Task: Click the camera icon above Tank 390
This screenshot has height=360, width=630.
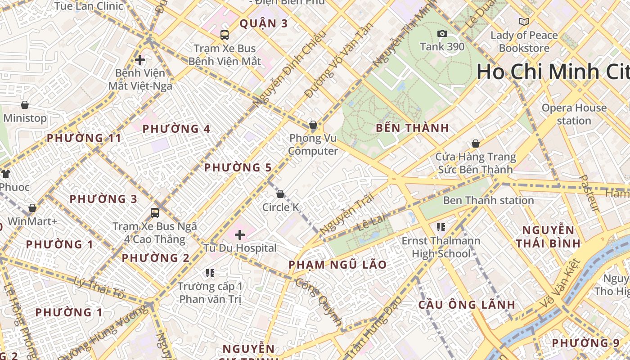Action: pyautogui.click(x=442, y=34)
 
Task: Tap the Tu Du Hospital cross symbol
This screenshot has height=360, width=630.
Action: pyautogui.click(x=240, y=234)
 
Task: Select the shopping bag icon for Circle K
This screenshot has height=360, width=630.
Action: pyautogui.click(x=280, y=194)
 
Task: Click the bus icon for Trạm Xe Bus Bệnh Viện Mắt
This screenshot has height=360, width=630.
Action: pyautogui.click(x=224, y=35)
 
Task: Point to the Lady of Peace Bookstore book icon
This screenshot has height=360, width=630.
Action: pyautogui.click(x=524, y=22)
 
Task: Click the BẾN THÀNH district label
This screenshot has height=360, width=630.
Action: pyautogui.click(x=412, y=128)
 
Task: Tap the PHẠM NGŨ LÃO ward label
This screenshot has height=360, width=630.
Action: pyautogui.click(x=337, y=265)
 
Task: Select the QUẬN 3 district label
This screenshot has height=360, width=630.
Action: pyautogui.click(x=263, y=23)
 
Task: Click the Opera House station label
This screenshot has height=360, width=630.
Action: pyautogui.click(x=574, y=114)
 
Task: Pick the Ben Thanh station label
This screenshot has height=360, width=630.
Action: pyautogui.click(x=488, y=200)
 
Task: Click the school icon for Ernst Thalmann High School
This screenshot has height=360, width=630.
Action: pyautogui.click(x=441, y=227)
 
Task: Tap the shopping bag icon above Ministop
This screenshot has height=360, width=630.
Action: pyautogui.click(x=25, y=105)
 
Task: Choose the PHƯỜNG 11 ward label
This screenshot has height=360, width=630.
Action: pyautogui.click(x=84, y=138)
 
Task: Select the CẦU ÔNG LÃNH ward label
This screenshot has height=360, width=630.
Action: pyautogui.click(x=467, y=305)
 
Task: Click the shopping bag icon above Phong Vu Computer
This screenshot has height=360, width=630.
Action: pyautogui.click(x=313, y=125)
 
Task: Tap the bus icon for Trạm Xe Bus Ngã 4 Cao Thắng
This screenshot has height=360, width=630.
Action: pyautogui.click(x=155, y=212)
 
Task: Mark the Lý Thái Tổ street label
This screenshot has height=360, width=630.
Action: pyautogui.click(x=99, y=288)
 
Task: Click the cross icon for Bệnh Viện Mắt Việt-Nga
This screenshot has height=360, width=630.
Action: pyautogui.click(x=140, y=59)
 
